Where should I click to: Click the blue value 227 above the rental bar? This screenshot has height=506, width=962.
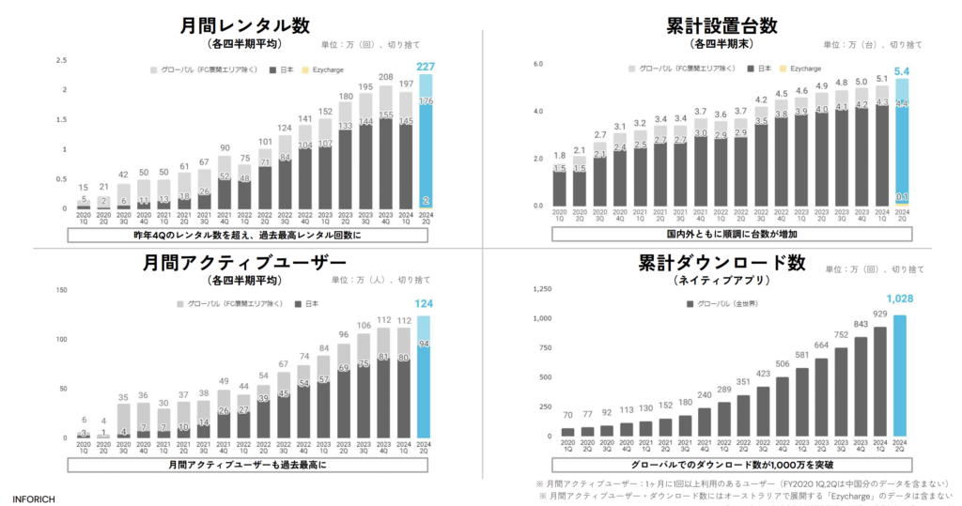pyautogui.click(x=425, y=67)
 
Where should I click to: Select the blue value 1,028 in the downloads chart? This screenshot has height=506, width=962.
pyautogui.click(x=900, y=299)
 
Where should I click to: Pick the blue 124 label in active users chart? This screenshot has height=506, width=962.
pyautogui.click(x=425, y=304)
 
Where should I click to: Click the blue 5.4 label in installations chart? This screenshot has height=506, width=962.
pyautogui.click(x=900, y=70)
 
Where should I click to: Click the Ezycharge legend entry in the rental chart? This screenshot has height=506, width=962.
pyautogui.click(x=330, y=69)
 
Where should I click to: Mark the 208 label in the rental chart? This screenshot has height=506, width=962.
pyautogui.click(x=385, y=77)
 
